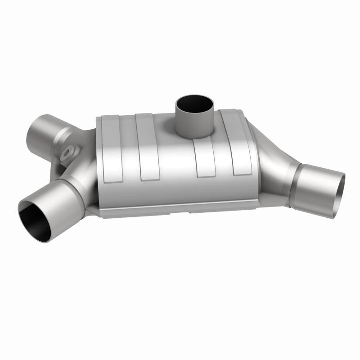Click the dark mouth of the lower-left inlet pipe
click(x=35, y=221)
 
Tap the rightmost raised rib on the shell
click(x=241, y=144)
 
